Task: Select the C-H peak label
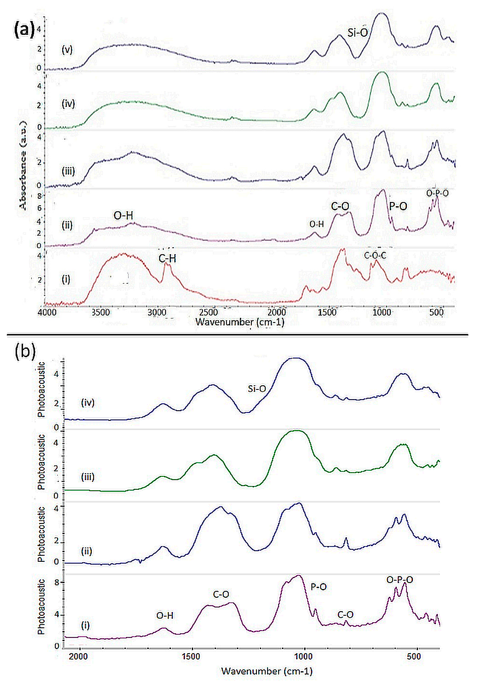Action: [167, 258]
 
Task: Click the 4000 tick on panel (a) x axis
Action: [47, 312]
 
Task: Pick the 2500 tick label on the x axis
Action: [209, 312]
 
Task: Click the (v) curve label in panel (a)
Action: [67, 49]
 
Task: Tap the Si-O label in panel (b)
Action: [257, 388]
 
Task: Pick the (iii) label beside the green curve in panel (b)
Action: [88, 477]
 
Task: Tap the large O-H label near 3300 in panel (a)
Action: [123, 215]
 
